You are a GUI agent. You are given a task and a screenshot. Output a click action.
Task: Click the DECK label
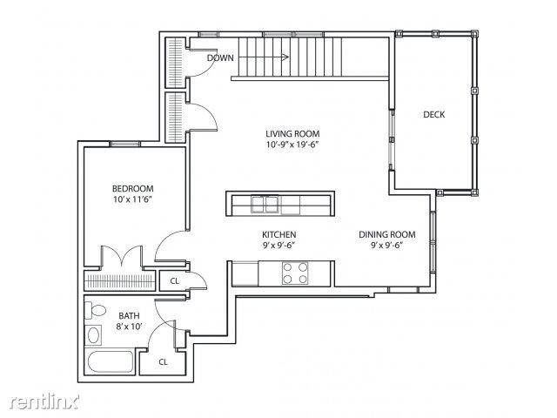tap(433, 114)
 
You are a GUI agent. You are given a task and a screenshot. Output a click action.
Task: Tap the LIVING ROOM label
tap(292, 133)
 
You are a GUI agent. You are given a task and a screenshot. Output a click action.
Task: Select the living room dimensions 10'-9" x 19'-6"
tap(292, 145)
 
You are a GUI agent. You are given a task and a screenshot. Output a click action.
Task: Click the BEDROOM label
tap(133, 188)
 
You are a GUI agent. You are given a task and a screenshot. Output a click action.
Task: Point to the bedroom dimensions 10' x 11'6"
tap(133, 199)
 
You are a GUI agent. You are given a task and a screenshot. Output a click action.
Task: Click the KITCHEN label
tap(279, 234)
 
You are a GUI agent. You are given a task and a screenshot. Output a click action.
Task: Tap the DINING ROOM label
tap(386, 234)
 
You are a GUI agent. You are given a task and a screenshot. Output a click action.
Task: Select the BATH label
tap(129, 315)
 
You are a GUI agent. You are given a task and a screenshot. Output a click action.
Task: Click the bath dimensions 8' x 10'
tap(129, 327)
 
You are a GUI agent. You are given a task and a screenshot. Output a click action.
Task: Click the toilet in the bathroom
tap(95, 311)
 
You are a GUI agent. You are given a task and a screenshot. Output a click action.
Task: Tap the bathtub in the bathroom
tap(111, 362)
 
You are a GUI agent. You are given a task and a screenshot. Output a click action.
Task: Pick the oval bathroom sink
tap(93, 335)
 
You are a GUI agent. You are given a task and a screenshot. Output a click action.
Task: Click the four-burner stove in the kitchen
tap(295, 273)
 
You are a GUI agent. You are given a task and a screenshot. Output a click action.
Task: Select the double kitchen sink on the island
tap(265, 205)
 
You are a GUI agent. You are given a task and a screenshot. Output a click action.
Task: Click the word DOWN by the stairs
tap(220, 57)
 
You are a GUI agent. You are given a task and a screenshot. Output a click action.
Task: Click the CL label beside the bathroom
tap(163, 362)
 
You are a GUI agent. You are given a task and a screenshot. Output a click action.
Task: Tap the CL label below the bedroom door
tap(174, 281)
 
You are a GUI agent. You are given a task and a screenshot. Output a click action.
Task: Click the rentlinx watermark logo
tap(44, 401)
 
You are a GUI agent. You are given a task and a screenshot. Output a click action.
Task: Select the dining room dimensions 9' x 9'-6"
tap(386, 246)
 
